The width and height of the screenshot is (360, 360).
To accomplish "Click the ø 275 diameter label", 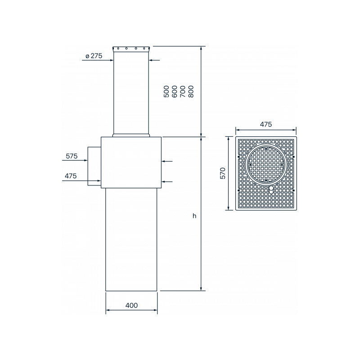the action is [94, 56].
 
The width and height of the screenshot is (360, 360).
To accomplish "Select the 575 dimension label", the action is [72, 156].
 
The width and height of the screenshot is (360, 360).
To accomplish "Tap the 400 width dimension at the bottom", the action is [131, 306].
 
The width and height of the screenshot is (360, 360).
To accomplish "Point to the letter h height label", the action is [194, 216].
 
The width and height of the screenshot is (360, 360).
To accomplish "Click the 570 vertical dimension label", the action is [223, 173].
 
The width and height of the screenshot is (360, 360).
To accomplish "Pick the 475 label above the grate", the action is [266, 124].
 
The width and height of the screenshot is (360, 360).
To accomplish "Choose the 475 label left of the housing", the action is [71, 176].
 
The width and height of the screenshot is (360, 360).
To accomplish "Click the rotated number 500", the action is [166, 91].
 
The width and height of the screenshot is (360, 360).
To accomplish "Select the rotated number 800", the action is [191, 91].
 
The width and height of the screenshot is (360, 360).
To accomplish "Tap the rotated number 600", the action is [175, 91].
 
